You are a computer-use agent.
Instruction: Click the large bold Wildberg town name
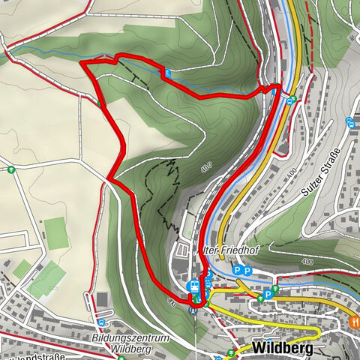click(x=280, y=349)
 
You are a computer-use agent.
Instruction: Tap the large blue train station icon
click(x=193, y=285)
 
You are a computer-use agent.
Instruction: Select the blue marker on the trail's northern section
click(x=167, y=73)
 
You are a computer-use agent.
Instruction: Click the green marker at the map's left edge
click(x=12, y=169)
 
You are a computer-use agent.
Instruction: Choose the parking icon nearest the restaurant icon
click(x=268, y=295)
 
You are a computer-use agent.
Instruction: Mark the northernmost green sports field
click(x=55, y=229)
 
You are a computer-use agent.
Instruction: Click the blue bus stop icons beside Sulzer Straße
click(x=350, y=121)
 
